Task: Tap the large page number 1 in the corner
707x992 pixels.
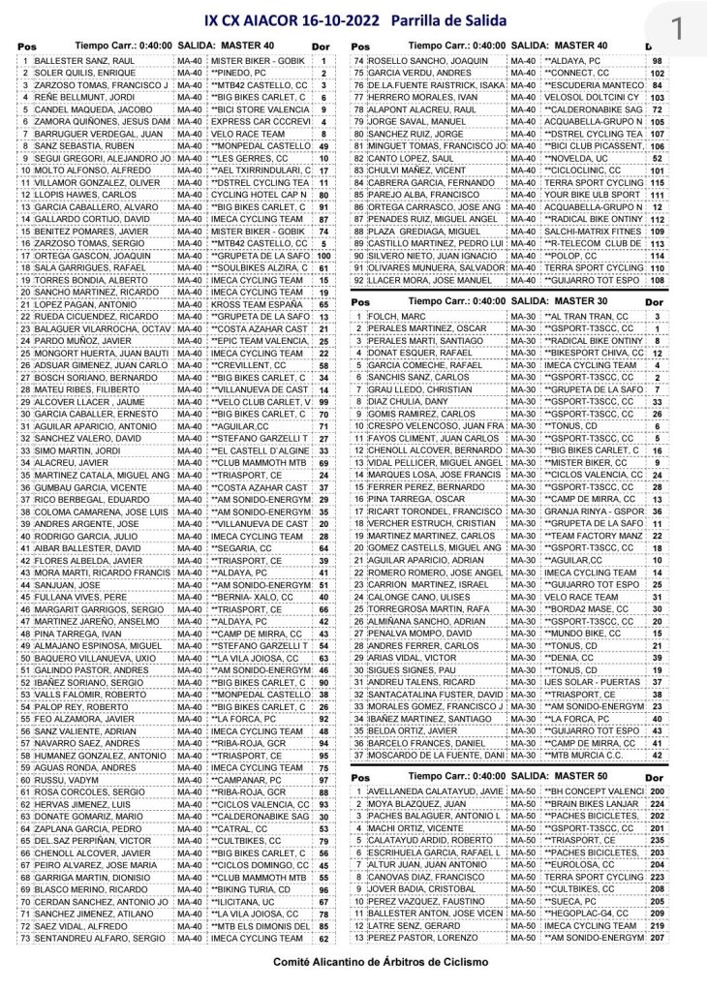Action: tap(676, 26)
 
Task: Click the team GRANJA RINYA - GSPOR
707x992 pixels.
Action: tap(583, 511)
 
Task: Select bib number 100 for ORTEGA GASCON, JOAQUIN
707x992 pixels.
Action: tap(324, 256)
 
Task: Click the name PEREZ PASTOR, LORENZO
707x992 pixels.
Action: tap(415, 938)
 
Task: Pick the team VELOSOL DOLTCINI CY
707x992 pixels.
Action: tap(583, 97)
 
